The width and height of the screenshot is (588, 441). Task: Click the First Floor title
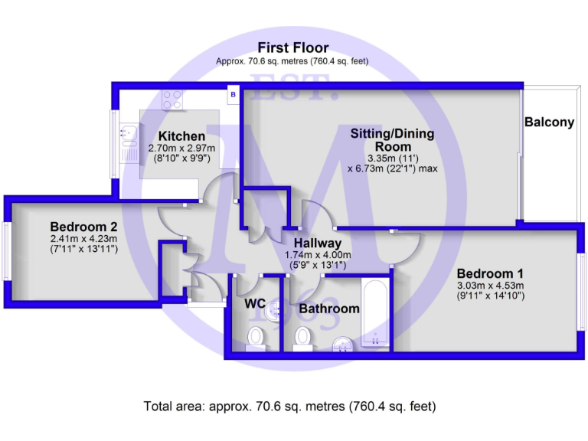(293, 47)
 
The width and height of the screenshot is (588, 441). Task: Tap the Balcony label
(549, 122)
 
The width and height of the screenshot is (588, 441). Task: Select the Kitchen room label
(181, 136)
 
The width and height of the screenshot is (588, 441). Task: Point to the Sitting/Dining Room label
(392, 140)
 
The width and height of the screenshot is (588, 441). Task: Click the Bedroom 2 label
(83, 227)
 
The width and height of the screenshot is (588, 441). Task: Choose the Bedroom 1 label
(490, 273)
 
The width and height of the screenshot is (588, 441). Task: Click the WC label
(255, 304)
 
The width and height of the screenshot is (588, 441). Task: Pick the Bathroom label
(329, 309)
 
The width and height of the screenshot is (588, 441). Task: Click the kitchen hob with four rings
(172, 100)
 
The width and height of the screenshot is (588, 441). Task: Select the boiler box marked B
(233, 94)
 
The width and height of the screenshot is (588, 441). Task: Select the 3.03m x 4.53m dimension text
(490, 286)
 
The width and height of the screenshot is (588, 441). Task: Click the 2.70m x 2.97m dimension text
(181, 149)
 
